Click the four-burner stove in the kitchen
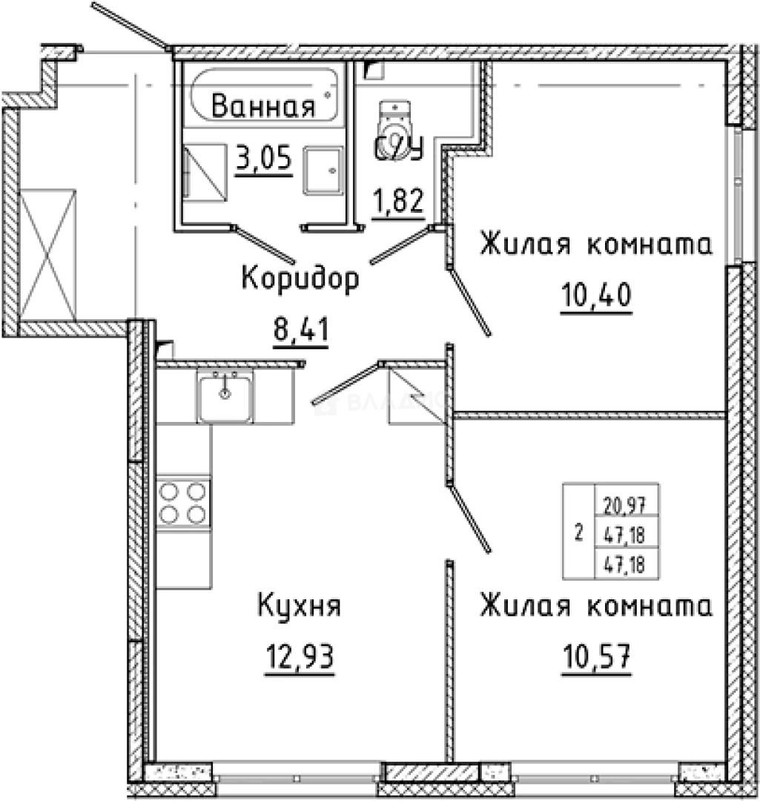pyautogui.click(x=183, y=502)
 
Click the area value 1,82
pyautogui.click(x=398, y=200)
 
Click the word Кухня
pyautogui.click(x=299, y=607)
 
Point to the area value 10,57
pyautogui.click(x=595, y=656)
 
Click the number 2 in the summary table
pyautogui.click(x=578, y=532)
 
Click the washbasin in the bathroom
pyautogui.click(x=323, y=171)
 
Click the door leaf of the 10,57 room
pyautogui.click(x=470, y=519)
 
